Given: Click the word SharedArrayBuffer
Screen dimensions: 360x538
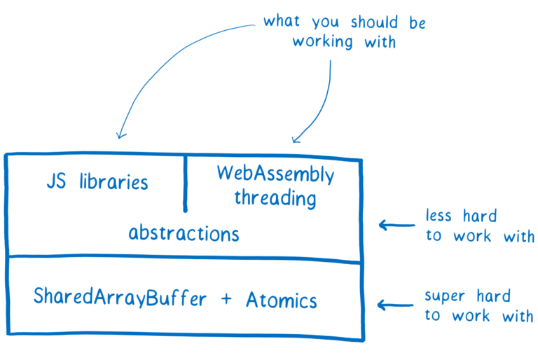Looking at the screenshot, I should pyautogui.click(x=120, y=298).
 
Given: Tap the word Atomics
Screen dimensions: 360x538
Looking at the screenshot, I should pyautogui.click(x=281, y=300).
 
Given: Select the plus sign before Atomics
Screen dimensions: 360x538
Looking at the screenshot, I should pyautogui.click(x=226, y=299).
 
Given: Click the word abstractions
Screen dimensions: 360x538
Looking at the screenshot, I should pyautogui.click(x=184, y=233).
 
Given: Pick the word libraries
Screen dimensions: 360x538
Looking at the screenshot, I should pyautogui.click(x=113, y=182).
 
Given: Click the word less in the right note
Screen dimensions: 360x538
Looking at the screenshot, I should pyautogui.click(x=441, y=215).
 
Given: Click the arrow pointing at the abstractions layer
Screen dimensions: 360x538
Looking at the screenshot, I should pyautogui.click(x=397, y=225).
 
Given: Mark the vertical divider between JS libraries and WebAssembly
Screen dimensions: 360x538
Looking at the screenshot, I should pyautogui.click(x=185, y=182).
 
